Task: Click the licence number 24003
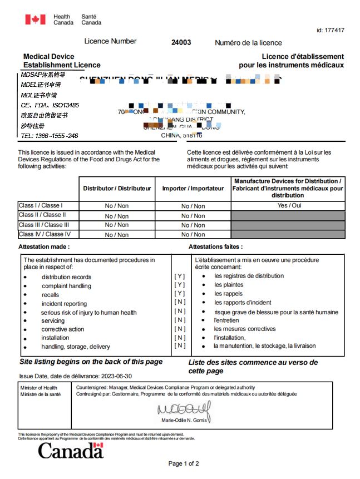[181, 42]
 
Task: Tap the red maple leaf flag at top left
[35, 19]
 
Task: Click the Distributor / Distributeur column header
[117, 189]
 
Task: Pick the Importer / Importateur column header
[193, 189]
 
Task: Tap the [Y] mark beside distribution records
[180, 276]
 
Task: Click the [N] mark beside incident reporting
[180, 302]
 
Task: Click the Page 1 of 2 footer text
[184, 463]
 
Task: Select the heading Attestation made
[44, 246]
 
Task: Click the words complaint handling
[66, 286]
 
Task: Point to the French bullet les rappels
[229, 294]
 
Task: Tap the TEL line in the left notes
[49, 136]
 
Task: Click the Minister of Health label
[38, 388]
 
